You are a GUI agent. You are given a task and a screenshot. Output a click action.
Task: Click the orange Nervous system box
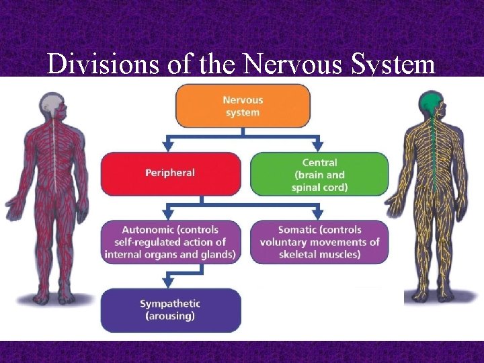tap(243, 106)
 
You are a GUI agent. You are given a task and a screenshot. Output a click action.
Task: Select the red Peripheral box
tap(170, 173)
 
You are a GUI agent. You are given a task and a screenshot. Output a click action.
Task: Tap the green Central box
tap(319, 174)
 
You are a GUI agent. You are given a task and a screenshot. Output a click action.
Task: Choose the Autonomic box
tap(170, 242)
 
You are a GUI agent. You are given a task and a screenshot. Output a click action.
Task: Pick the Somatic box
tap(319, 242)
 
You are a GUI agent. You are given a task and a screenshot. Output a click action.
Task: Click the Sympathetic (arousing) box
tap(170, 310)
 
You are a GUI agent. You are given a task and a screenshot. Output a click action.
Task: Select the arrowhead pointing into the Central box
tap(317, 146)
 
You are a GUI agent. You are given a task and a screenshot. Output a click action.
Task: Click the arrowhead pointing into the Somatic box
tap(317, 214)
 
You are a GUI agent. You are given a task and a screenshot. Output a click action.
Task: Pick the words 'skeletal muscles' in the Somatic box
tap(319, 255)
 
